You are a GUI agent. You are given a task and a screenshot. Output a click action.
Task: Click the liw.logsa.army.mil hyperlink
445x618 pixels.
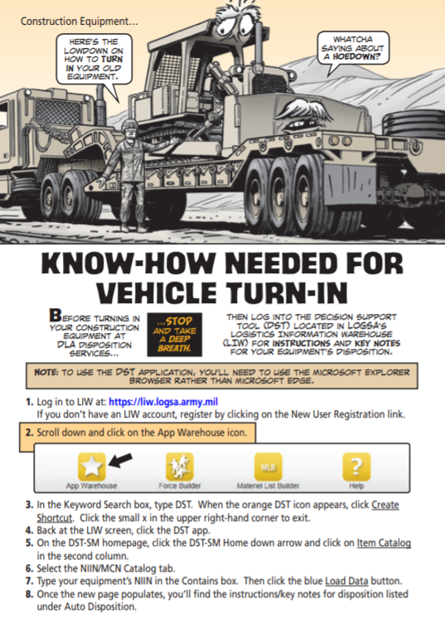163,402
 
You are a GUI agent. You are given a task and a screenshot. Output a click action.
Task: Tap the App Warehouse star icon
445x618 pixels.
91,466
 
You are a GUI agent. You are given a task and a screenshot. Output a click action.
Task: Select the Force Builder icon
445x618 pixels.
180,466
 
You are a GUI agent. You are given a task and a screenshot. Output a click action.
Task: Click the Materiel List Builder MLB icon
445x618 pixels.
268,466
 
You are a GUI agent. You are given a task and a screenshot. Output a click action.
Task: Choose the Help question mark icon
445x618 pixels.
356,466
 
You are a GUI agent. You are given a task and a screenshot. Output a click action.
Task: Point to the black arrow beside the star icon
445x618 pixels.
121,460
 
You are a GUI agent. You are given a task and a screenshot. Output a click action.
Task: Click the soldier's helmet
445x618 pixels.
129,127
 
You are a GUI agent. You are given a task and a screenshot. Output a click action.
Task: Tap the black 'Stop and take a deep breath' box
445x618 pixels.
175,335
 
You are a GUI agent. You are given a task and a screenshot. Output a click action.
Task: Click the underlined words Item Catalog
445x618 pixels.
384,543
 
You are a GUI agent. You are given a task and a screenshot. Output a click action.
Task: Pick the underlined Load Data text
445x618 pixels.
346,581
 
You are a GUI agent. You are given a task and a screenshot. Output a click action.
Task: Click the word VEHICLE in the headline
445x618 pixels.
157,293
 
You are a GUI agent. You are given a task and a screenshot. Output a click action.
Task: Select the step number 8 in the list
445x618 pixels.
29,594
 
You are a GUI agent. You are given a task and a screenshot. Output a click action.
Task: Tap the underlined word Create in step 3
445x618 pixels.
385,505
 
